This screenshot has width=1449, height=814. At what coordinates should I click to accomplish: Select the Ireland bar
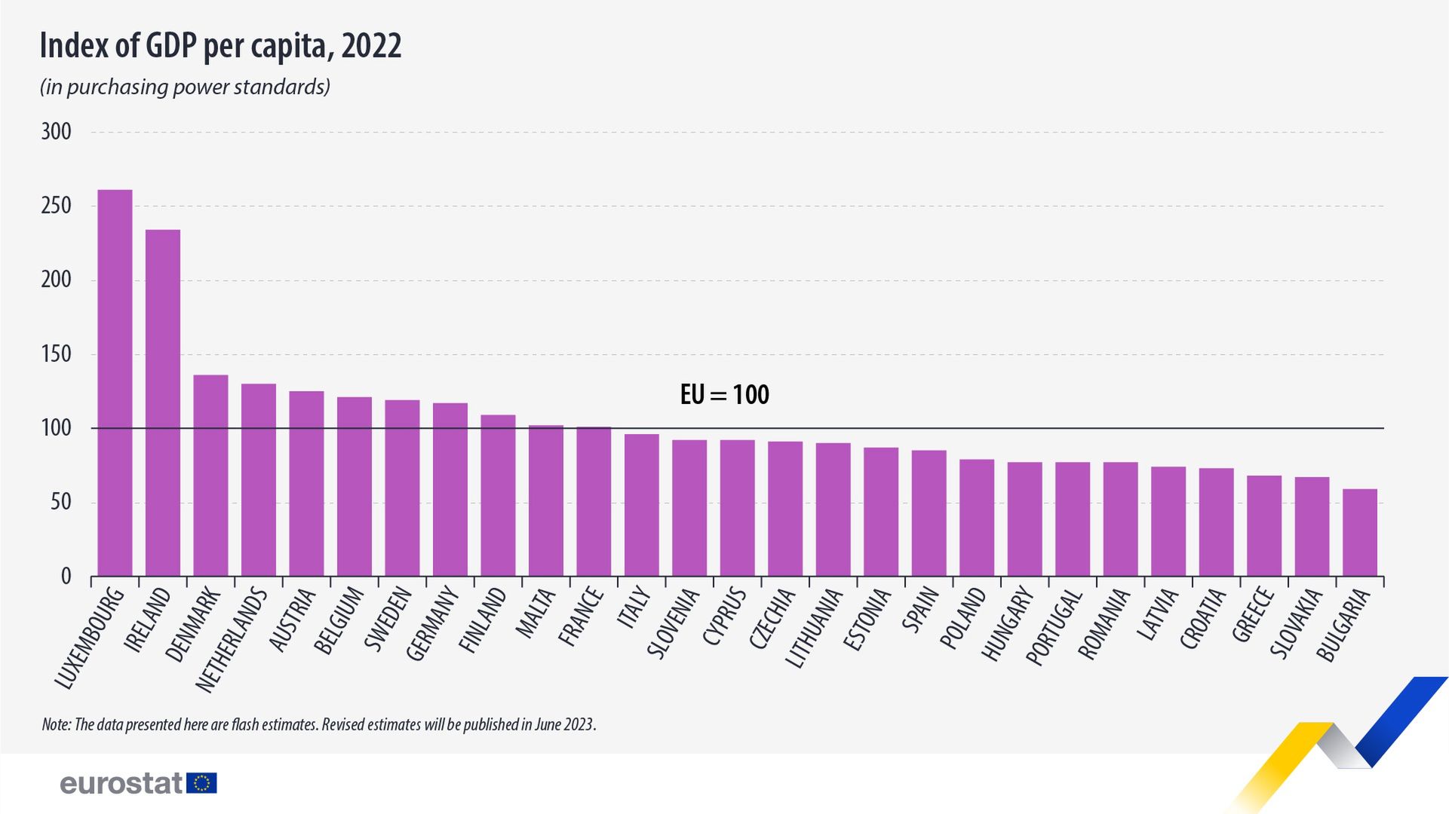[163, 403]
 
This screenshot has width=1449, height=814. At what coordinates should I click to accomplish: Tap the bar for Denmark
[210, 476]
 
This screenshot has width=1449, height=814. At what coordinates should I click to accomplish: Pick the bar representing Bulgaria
[1359, 533]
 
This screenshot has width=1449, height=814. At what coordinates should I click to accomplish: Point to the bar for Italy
[641, 505]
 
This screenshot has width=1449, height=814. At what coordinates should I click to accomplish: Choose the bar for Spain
[929, 513]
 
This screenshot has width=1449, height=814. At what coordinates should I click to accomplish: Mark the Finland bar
[498, 495]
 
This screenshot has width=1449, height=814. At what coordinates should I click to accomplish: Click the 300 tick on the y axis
[56, 132]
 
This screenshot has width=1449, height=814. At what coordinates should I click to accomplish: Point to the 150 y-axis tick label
[56, 354]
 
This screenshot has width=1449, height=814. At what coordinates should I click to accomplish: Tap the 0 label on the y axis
[66, 577]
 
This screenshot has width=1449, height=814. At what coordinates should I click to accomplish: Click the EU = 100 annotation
[724, 395]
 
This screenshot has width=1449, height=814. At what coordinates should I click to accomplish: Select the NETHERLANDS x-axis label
[232, 640]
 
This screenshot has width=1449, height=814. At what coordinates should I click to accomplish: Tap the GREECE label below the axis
[1254, 615]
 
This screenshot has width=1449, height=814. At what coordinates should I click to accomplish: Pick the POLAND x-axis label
[963, 617]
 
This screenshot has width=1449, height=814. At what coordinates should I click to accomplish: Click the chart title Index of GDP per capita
[220, 46]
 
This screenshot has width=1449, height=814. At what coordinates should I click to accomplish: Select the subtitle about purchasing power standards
[185, 87]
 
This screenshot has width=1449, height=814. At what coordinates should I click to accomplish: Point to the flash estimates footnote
[319, 725]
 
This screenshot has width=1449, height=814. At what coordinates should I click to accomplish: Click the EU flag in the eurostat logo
[201, 783]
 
